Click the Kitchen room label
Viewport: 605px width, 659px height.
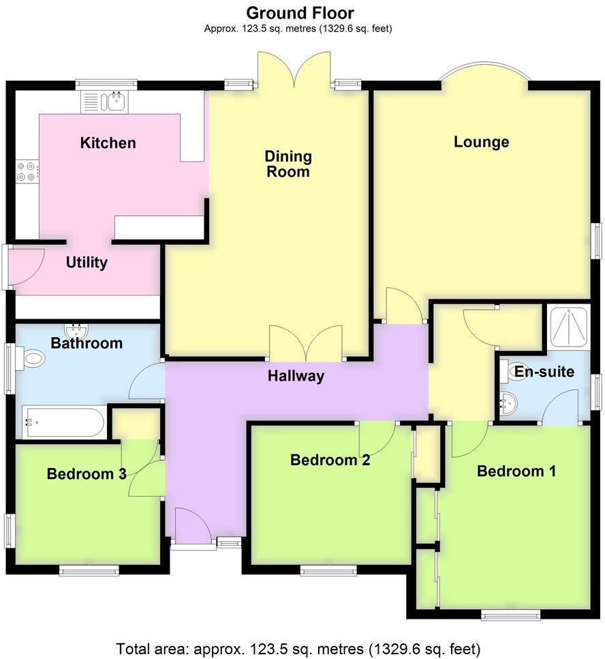pyautogui.click(x=108, y=143)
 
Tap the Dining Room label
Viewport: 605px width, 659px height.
pyautogui.click(x=288, y=164)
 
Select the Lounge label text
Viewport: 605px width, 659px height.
pyautogui.click(x=482, y=142)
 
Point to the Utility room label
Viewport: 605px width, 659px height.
pyautogui.click(x=87, y=263)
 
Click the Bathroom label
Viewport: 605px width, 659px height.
pyautogui.click(x=87, y=343)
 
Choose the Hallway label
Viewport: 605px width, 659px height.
pyautogui.click(x=296, y=376)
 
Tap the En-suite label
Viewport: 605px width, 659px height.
pyautogui.click(x=544, y=372)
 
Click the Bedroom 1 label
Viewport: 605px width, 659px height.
pyautogui.click(x=516, y=471)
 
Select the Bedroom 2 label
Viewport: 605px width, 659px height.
pyautogui.click(x=330, y=460)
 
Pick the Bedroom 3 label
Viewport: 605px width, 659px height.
pyautogui.click(x=87, y=474)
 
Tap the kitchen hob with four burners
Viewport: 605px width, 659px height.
pyautogui.click(x=27, y=171)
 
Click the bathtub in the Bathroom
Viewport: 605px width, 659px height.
pyautogui.click(x=63, y=422)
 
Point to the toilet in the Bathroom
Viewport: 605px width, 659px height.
pyautogui.click(x=30, y=357)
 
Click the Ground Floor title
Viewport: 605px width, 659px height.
pyautogui.click(x=300, y=12)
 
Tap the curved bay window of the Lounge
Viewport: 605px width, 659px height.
pyautogui.click(x=483, y=72)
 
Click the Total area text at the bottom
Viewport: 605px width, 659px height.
pyautogui.click(x=298, y=647)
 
